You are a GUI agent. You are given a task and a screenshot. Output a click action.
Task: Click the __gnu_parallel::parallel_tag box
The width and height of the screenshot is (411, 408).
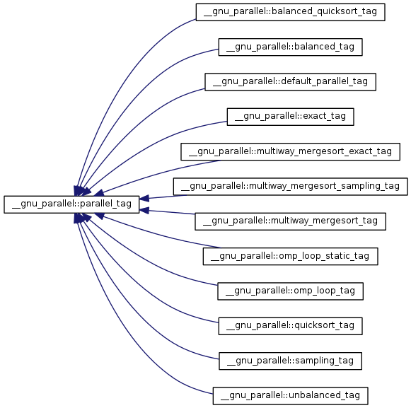pos(71,204)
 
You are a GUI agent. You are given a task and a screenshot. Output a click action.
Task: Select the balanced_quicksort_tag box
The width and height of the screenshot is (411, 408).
pos(291,12)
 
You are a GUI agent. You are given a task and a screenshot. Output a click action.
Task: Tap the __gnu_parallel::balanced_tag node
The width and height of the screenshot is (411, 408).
pos(291,47)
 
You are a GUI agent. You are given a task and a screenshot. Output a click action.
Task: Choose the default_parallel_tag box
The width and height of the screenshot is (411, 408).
pos(291,82)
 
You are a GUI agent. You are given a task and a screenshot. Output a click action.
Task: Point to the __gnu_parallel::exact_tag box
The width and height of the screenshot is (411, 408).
pos(291,117)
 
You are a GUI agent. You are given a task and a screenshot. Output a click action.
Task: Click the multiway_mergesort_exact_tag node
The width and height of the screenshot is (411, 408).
pos(291,152)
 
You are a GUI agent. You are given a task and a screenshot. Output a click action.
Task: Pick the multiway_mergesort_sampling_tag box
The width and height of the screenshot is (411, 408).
pos(291,187)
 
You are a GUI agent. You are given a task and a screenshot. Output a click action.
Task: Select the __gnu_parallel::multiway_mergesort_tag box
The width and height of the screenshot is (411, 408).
pos(291,221)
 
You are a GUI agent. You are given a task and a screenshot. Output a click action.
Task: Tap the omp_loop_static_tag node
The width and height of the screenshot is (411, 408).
pos(291,256)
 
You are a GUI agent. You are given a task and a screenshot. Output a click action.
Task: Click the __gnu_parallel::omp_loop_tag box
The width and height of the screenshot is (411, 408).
pos(291,291)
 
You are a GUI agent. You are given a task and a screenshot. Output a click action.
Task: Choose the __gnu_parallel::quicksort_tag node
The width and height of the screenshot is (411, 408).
pos(291,326)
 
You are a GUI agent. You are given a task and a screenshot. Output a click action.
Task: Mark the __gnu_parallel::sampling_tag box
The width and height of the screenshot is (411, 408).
pos(291,361)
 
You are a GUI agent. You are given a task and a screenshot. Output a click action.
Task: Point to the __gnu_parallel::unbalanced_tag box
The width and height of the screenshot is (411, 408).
pos(291,396)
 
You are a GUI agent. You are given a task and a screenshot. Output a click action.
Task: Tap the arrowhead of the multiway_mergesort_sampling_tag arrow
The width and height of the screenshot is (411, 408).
pos(144,199)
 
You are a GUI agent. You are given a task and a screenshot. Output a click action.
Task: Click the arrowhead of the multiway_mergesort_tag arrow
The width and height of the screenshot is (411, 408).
pos(144,211)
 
